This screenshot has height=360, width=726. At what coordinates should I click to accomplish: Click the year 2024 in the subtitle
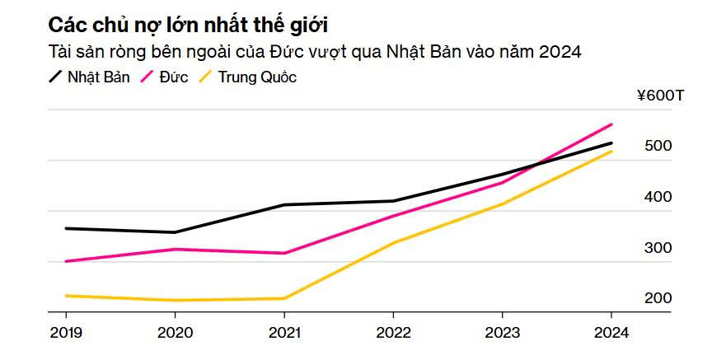pos(560,52)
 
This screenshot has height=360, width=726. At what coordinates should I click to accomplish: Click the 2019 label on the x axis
pos(66,333)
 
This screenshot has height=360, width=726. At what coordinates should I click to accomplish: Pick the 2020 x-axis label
pos(175,333)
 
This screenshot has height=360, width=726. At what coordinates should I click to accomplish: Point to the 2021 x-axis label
pos(284,333)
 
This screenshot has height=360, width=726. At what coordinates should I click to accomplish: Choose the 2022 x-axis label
pos(393,333)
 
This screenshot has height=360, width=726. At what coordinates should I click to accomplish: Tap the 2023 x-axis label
pos(502,333)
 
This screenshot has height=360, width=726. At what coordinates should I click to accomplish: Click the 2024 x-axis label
pos(611,333)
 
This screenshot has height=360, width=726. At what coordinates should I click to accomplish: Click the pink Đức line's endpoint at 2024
pos(611,124)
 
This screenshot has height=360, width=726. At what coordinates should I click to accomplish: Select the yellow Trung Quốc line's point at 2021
pos(284,298)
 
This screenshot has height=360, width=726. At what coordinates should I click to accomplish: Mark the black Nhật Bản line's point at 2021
pos(284,204)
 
